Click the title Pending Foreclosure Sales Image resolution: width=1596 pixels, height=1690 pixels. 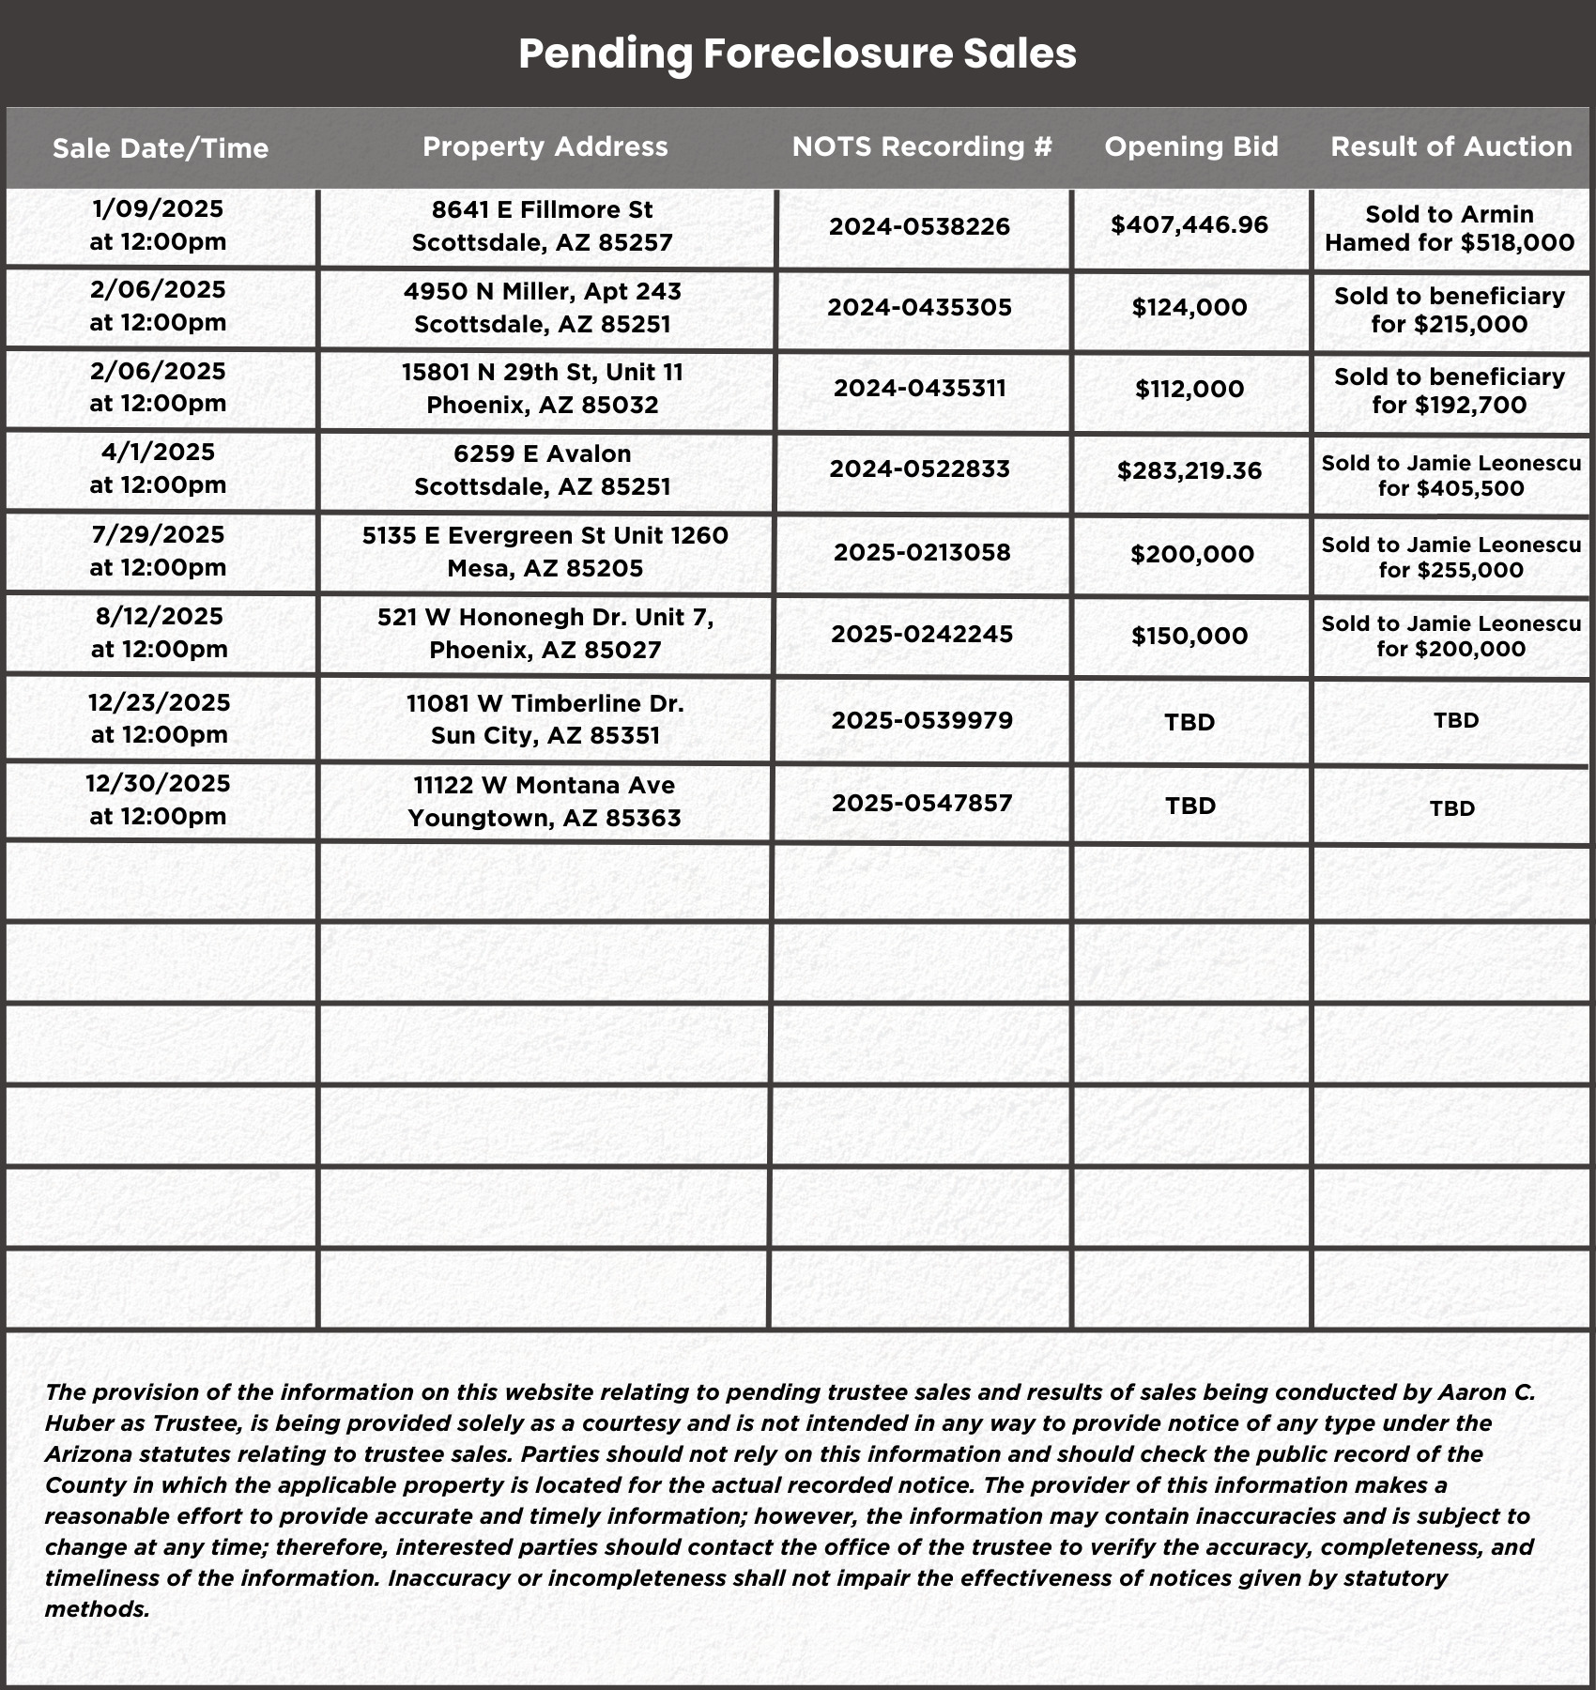pyautogui.click(x=797, y=54)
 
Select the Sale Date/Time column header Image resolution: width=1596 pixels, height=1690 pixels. pyautogui.click(x=161, y=148)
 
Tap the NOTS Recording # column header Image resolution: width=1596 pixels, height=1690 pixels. pyautogui.click(x=922, y=146)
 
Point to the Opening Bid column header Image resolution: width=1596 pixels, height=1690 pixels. pyautogui.click(x=1191, y=146)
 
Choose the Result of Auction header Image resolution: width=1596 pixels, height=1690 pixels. pyautogui.click(x=1451, y=146)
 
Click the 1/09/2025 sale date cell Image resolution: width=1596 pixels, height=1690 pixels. pyautogui.click(x=158, y=225)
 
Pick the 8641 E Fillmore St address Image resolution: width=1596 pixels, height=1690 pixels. pyautogui.click(x=543, y=226)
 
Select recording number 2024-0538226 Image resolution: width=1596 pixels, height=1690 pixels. pyautogui.click(x=920, y=226)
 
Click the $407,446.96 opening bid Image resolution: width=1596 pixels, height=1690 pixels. pyautogui.click(x=1189, y=224)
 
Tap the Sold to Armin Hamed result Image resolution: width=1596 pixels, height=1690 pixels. pyautogui.click(x=1450, y=228)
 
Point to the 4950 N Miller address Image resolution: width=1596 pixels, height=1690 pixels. pyautogui.click(x=543, y=307)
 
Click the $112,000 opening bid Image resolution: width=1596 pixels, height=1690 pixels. pyautogui.click(x=1189, y=389)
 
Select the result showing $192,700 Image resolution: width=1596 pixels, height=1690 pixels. pyautogui.click(x=1450, y=391)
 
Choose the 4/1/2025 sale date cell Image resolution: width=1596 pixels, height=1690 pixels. pyautogui.click(x=158, y=469)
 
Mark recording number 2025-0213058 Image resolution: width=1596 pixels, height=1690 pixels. pyautogui.click(x=922, y=552)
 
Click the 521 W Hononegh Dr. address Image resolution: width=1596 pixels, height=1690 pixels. pyautogui.click(x=545, y=634)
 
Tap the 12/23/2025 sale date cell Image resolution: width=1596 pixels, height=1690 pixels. pyautogui.click(x=159, y=718)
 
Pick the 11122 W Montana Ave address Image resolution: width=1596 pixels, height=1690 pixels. pyautogui.click(x=545, y=801)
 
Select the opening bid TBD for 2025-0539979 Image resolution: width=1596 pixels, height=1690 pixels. pyautogui.click(x=1189, y=722)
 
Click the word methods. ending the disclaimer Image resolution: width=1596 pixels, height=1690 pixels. pyautogui.click(x=98, y=1609)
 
